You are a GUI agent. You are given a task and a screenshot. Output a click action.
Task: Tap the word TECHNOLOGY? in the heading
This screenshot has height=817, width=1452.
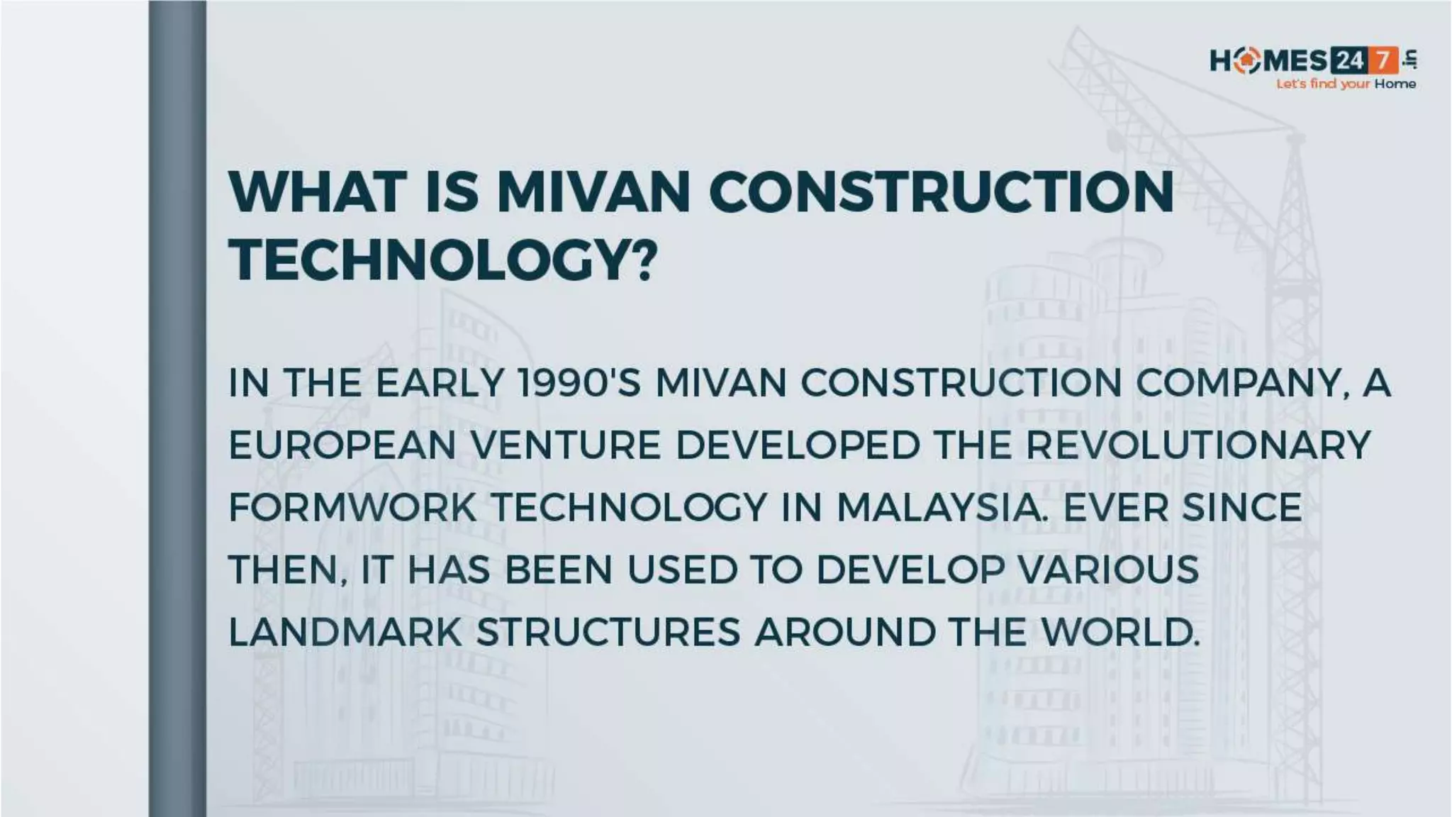(443, 260)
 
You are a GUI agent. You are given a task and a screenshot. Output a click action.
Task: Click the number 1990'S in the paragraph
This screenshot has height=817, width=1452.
(579, 384)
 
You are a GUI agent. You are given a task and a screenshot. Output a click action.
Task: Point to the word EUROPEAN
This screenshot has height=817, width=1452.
(342, 446)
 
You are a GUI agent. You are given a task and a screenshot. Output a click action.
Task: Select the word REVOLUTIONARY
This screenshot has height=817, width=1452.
(1198, 446)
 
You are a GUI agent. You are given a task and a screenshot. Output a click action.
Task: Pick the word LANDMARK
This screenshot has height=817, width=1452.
(345, 633)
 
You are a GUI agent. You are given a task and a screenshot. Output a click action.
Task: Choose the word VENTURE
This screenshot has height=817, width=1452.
(565, 446)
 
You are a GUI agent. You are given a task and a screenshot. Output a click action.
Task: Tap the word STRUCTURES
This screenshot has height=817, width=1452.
(608, 633)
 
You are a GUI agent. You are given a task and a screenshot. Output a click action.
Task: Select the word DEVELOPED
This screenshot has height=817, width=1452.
(797, 446)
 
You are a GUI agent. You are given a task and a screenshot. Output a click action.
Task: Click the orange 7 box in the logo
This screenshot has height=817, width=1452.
(1383, 61)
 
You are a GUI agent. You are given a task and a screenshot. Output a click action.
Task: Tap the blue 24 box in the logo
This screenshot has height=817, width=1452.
(1349, 61)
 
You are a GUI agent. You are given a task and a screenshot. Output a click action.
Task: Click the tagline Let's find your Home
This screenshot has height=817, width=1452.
(1346, 84)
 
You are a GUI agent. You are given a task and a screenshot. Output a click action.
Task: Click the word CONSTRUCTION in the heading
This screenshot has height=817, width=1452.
(941, 192)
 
